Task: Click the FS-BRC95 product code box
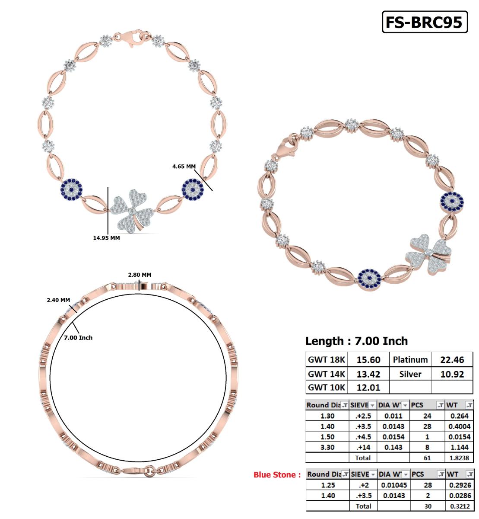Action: [425, 22]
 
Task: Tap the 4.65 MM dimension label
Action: [184, 166]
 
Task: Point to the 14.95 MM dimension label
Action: [106, 238]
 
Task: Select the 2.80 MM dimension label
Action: [140, 275]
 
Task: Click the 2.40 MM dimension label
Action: [58, 300]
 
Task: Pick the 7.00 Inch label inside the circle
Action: [78, 337]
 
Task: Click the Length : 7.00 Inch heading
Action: [356, 341]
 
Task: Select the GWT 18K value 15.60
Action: [368, 360]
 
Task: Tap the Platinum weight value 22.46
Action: [452, 360]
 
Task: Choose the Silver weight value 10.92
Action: [452, 374]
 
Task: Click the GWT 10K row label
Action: [327, 388]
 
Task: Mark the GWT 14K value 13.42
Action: [368, 374]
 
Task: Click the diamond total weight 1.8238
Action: [460, 458]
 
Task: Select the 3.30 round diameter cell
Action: [327, 447]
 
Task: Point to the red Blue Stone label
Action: [277, 475]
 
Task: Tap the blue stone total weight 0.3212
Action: [460, 506]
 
